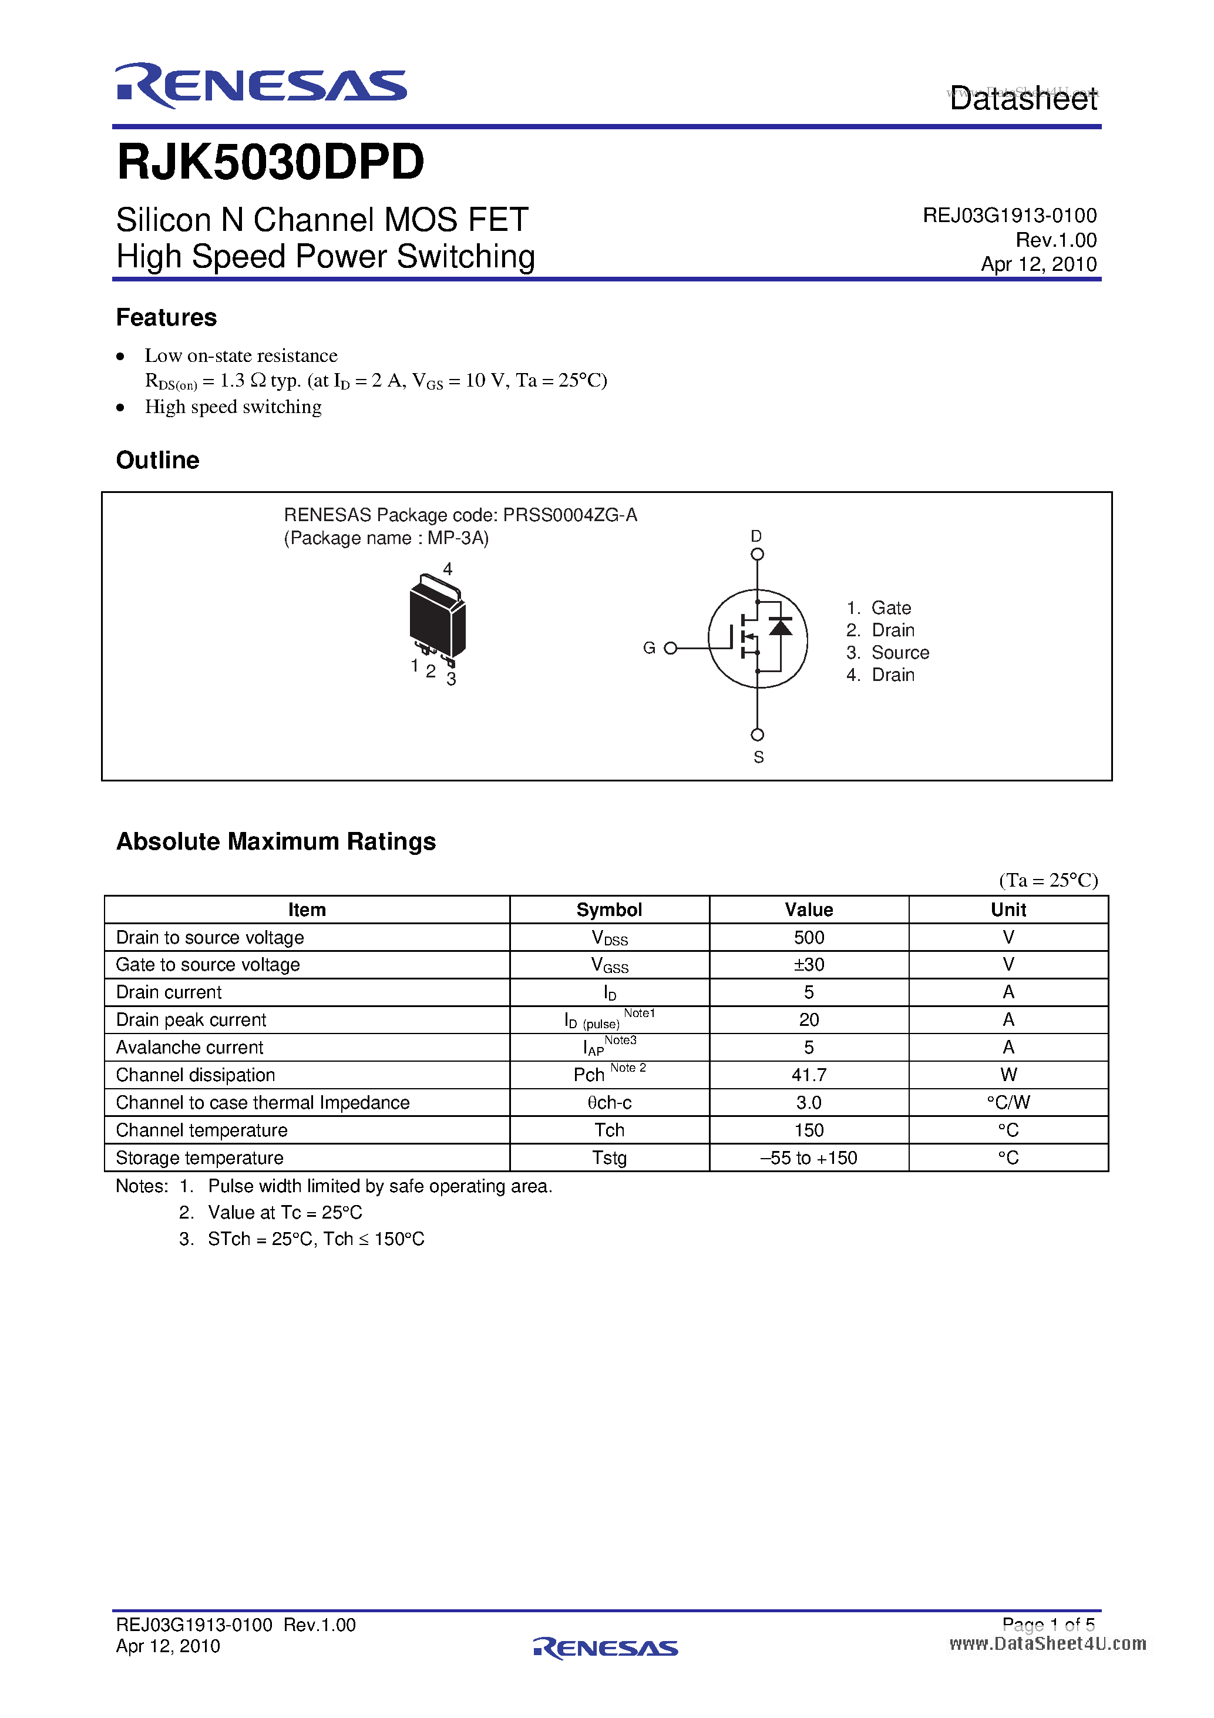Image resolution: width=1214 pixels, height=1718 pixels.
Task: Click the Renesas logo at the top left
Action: (x=260, y=86)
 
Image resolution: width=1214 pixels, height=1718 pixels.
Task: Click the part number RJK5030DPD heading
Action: (x=270, y=162)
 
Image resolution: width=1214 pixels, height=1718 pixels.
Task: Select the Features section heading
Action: (x=166, y=317)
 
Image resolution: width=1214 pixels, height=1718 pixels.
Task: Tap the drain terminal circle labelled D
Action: (x=757, y=555)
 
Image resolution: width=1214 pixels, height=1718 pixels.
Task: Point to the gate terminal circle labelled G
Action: (x=670, y=648)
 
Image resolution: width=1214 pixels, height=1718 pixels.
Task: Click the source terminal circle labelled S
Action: (x=757, y=735)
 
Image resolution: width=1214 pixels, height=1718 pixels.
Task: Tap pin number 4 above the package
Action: (x=448, y=569)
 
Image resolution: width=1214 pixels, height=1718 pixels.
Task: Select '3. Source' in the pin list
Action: (x=888, y=653)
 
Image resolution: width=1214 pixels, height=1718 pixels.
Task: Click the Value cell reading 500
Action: (x=809, y=938)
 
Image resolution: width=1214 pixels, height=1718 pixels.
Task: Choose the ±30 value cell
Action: (x=809, y=965)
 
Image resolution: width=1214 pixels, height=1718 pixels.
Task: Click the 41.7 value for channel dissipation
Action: (x=809, y=1075)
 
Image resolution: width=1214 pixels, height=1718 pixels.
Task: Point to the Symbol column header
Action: (x=609, y=910)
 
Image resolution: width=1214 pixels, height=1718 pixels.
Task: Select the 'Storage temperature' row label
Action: (x=200, y=1158)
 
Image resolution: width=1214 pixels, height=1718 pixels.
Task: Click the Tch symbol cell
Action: (x=609, y=1130)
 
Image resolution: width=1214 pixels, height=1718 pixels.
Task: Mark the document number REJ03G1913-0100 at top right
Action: (x=1009, y=216)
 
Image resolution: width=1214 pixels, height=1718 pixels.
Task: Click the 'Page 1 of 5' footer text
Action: (x=1048, y=1625)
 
